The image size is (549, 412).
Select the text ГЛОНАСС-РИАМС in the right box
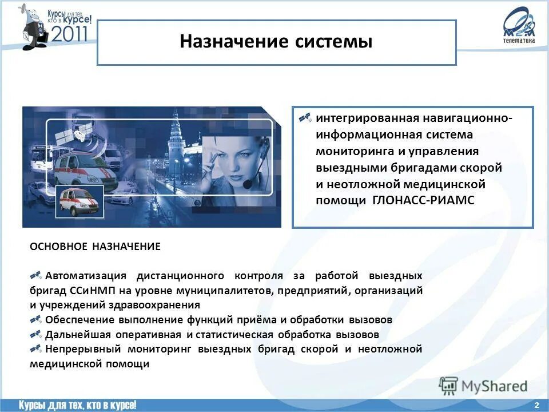pyautogui.click(x=423, y=200)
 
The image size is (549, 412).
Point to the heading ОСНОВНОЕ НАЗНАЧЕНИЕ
pyautogui.click(x=95, y=247)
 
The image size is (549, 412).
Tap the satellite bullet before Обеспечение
pyautogui.click(x=35, y=319)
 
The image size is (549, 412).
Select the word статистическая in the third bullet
pyautogui.click(x=234, y=335)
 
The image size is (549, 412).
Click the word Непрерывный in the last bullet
pyautogui.click(x=78, y=349)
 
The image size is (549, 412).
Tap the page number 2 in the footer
pyautogui.click(x=536, y=405)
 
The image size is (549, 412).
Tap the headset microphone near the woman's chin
pyautogui.click(x=247, y=184)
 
